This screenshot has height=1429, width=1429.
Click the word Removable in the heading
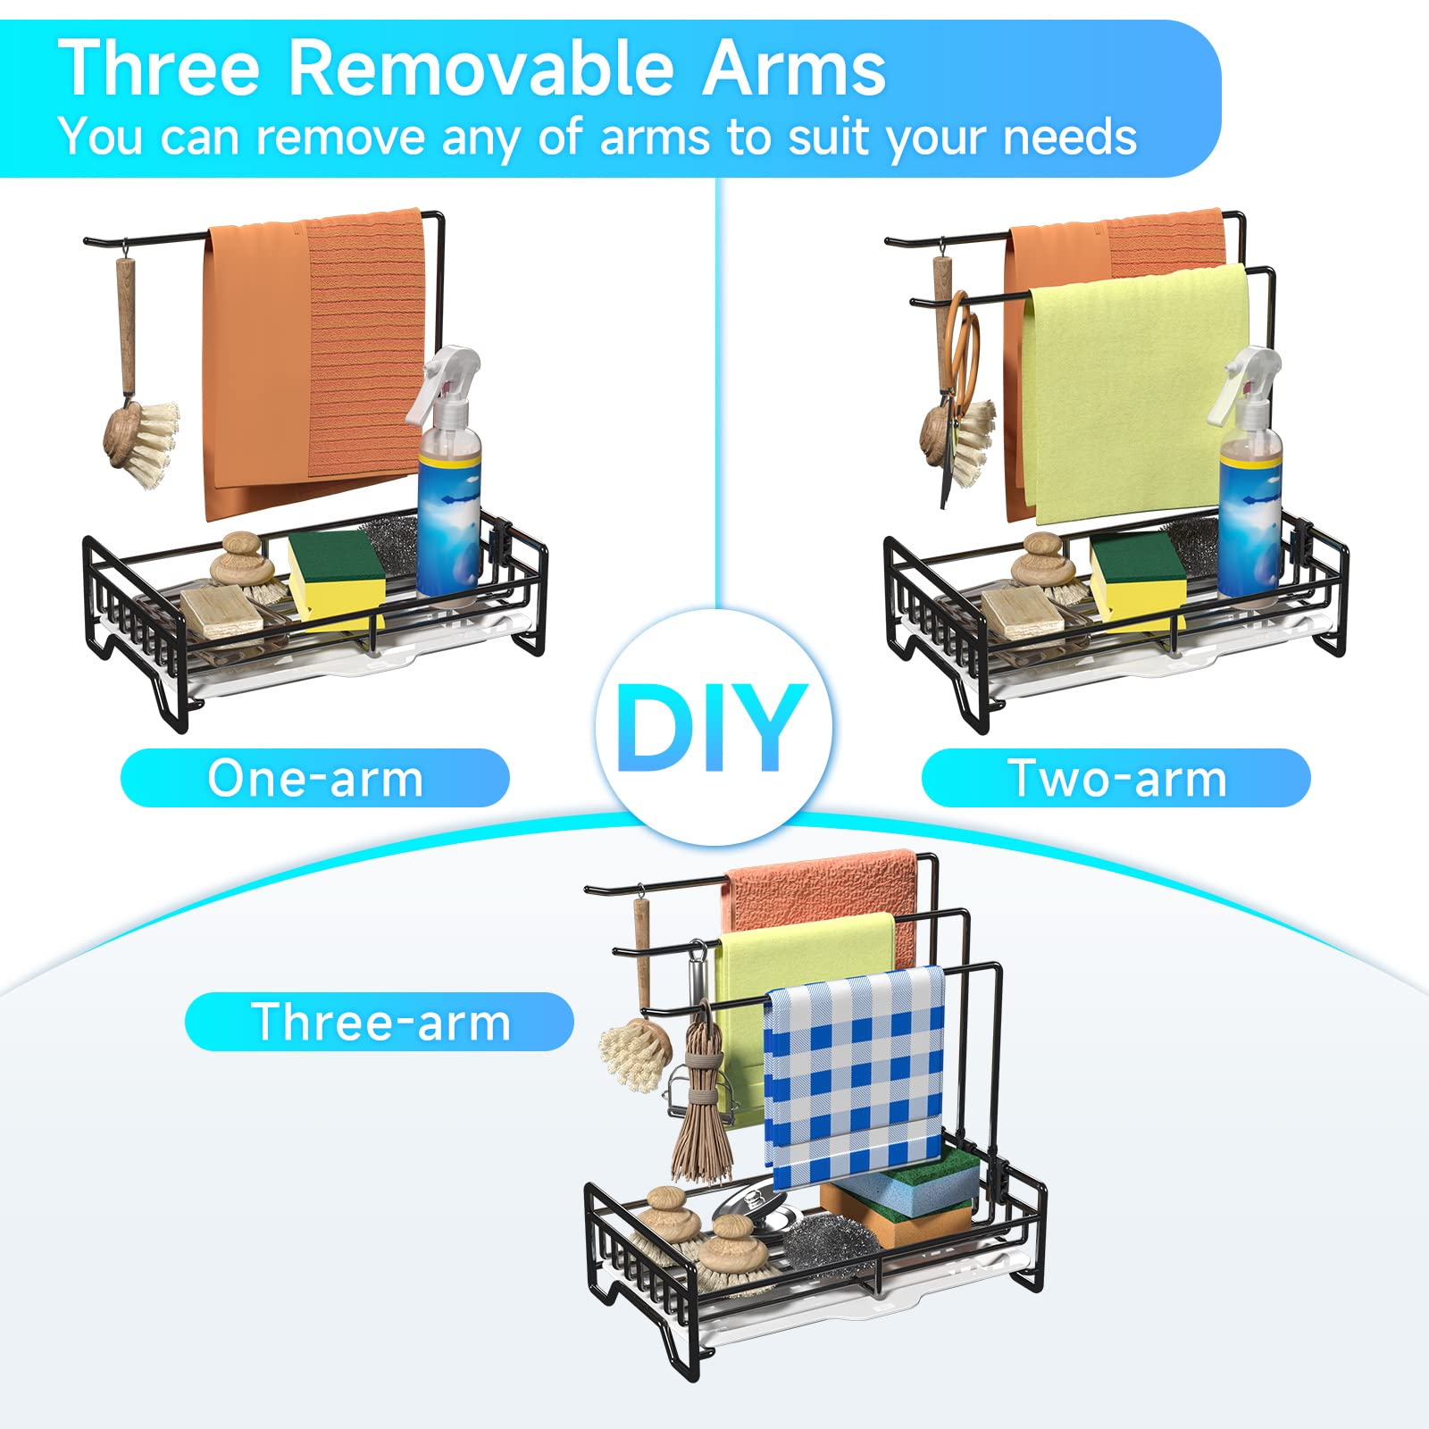pos(483,69)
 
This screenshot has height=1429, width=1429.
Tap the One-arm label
pos(315,778)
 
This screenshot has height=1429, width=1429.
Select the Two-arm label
pos(1116,778)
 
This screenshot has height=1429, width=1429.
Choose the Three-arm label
pos(380,1022)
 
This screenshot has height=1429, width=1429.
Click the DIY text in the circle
pos(712,727)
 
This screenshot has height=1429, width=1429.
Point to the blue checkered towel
pos(855,1076)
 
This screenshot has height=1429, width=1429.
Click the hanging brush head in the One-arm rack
pos(142,442)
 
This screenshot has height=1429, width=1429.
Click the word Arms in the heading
pos(794,69)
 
